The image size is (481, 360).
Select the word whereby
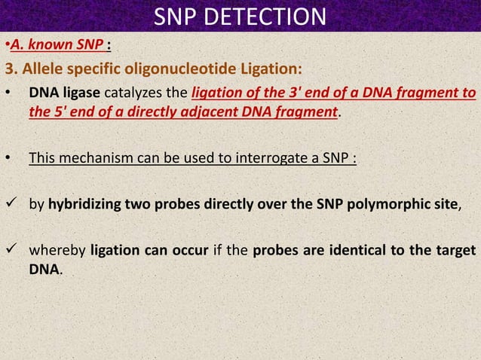57,250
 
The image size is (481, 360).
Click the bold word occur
190,250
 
